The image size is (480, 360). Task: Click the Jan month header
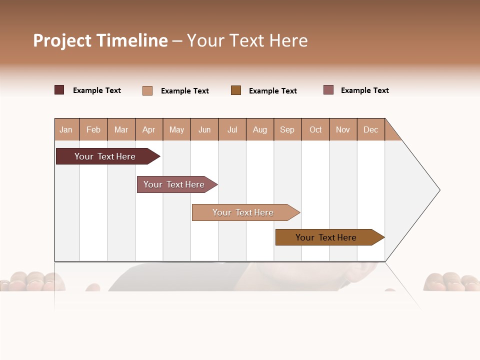[x=66, y=129]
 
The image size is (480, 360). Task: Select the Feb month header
[x=93, y=129]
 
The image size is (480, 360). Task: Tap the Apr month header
[x=149, y=129]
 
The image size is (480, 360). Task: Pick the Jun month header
[x=204, y=129]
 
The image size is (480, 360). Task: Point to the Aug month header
[x=260, y=129]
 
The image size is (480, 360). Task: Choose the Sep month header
[x=287, y=129]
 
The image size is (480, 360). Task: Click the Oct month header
[x=315, y=129]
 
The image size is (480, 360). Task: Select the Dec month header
[x=371, y=129]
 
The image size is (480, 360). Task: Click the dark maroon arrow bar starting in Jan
[x=105, y=156]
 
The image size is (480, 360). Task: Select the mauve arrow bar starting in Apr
[x=174, y=184]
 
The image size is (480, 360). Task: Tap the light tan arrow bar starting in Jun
[x=243, y=212]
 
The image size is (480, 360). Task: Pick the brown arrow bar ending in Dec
[x=326, y=237]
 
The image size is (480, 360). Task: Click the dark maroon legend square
[x=59, y=90]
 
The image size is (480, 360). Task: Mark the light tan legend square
[x=147, y=90]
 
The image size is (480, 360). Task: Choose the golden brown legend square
[x=236, y=90]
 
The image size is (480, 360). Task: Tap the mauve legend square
[x=328, y=90]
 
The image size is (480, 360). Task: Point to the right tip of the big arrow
[x=439, y=190]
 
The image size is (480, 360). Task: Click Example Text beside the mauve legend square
[x=364, y=90]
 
